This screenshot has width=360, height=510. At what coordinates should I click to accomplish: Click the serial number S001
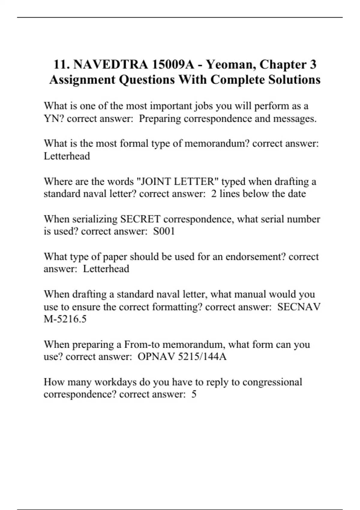(164, 231)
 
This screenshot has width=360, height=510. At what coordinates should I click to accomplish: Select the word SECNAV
(299, 307)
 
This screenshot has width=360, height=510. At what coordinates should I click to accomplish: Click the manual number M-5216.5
(65, 319)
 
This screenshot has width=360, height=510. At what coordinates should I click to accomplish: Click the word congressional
(272, 382)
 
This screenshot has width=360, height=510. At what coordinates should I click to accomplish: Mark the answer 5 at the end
(194, 394)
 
